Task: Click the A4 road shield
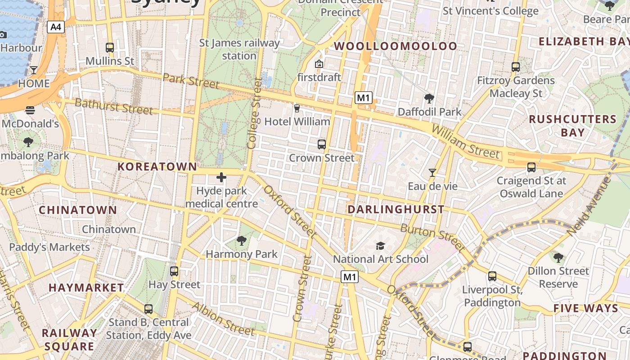(55, 27)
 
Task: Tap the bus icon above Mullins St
(110, 47)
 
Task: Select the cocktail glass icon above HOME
(34, 70)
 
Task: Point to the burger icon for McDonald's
(30, 110)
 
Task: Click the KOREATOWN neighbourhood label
(157, 166)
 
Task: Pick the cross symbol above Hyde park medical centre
(221, 177)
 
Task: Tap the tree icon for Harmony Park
(242, 241)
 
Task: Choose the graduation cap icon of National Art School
(381, 246)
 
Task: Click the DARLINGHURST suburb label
(396, 209)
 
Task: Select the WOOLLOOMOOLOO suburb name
(396, 46)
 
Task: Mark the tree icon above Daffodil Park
(429, 98)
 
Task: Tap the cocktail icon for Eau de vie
(432, 172)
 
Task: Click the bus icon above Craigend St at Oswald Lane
(531, 167)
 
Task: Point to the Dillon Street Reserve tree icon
(558, 258)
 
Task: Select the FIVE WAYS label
(586, 308)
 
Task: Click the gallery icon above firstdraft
(319, 64)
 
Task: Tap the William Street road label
(465, 142)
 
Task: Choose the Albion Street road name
(223, 319)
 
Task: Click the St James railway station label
(239, 49)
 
